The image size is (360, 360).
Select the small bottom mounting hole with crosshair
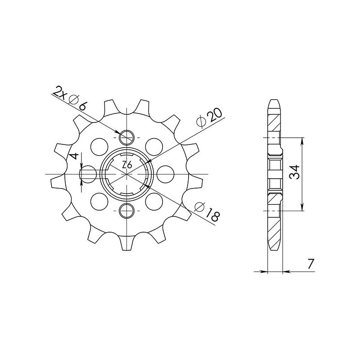click(128, 209)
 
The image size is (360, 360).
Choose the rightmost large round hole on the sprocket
click(166, 173)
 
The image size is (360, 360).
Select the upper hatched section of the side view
click(274, 121)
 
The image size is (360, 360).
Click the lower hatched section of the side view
click(274, 225)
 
